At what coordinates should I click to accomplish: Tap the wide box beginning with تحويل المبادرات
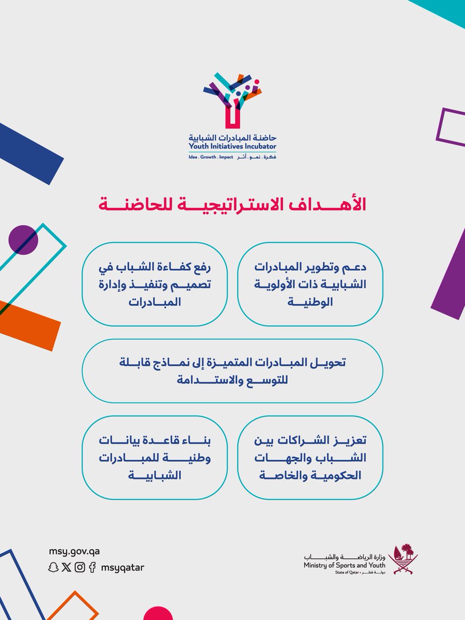[x=232, y=371]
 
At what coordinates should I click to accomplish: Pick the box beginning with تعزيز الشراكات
[x=310, y=457]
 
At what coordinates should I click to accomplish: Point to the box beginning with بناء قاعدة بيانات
[x=154, y=457]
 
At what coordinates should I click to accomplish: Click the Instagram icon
[x=80, y=567]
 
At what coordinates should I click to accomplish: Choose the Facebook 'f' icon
[x=92, y=567]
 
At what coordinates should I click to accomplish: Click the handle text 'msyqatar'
[x=123, y=567]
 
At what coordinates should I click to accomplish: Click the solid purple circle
[x=23, y=240]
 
